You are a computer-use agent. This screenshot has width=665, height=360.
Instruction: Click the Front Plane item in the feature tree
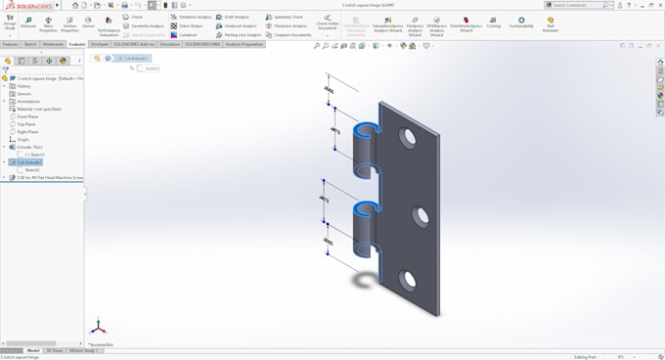click(x=27, y=116)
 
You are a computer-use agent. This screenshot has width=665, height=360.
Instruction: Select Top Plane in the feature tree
click(x=26, y=124)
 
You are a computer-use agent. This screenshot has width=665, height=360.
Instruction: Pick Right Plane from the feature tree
click(x=27, y=132)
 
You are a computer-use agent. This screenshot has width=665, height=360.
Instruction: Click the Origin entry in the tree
click(x=23, y=140)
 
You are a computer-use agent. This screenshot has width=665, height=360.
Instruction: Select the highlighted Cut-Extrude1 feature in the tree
click(x=28, y=162)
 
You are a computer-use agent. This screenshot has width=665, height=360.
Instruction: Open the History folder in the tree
click(x=23, y=86)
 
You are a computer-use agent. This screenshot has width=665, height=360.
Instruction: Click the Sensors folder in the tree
click(x=23, y=94)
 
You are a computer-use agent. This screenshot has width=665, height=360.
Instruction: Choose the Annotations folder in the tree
click(x=27, y=102)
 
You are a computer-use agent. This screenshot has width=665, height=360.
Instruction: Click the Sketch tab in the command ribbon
click(x=30, y=44)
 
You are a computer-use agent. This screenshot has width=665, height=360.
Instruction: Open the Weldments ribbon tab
click(x=53, y=44)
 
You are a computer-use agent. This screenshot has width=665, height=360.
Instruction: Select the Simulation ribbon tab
click(x=170, y=44)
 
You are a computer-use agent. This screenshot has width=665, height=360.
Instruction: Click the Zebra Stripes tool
click(x=190, y=26)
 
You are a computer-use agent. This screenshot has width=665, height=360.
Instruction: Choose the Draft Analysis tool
click(x=236, y=17)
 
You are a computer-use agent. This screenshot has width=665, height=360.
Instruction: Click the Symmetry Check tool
click(x=288, y=17)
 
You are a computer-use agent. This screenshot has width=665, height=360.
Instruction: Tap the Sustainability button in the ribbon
click(x=521, y=22)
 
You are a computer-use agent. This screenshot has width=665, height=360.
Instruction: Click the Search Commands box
click(x=579, y=5)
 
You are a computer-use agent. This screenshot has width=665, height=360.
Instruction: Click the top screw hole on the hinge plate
click(x=407, y=138)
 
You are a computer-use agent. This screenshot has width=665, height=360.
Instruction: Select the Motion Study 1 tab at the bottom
click(x=82, y=350)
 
